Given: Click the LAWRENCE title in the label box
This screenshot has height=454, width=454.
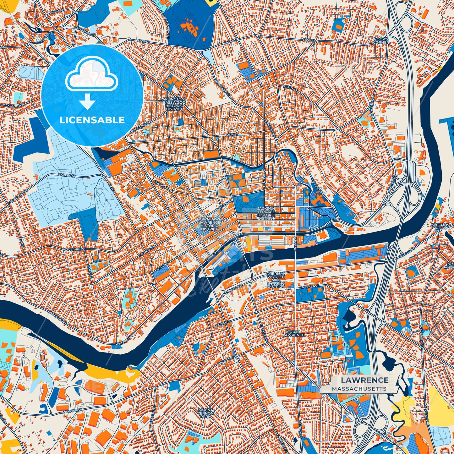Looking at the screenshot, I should point(365,380).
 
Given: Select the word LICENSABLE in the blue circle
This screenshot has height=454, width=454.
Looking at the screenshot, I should point(92,120).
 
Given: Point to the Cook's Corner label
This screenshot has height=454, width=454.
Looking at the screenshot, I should point(381,40).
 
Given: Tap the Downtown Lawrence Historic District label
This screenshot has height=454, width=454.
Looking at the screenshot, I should point(209,224).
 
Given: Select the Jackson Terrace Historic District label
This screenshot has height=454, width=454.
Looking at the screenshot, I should point(266,213).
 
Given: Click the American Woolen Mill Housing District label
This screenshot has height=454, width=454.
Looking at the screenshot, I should point(276,280).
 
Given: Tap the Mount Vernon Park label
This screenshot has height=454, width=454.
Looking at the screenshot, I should point(206,413).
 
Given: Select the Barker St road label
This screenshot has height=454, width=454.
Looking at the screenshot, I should point(66,174).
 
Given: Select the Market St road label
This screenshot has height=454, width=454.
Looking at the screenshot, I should point(310,287).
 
